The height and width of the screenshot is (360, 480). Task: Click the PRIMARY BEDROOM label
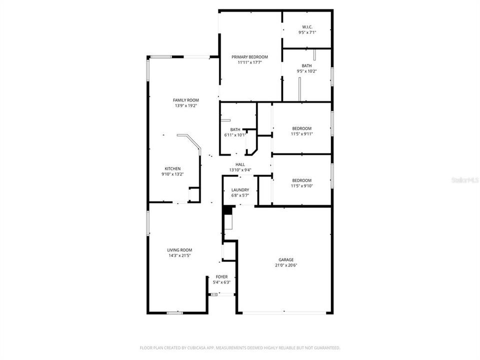249,57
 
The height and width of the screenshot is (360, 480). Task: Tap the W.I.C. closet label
306,26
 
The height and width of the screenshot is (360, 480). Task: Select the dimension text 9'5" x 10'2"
306,71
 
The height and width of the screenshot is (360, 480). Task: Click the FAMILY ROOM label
185,100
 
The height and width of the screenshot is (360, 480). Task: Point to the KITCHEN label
172,168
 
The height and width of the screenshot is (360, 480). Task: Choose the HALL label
240,164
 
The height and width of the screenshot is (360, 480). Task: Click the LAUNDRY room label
240,190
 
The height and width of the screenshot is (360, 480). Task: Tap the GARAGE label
286,259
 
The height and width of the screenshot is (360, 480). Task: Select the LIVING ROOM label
179,250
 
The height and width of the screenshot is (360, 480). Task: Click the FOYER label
221,276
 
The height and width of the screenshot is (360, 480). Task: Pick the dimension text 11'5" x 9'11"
301,134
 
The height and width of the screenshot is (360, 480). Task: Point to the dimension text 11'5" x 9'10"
301,186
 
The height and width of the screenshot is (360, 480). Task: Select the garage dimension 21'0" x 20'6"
286,265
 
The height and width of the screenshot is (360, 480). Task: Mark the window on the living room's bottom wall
174,313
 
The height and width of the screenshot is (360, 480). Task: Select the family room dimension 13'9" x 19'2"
185,106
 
